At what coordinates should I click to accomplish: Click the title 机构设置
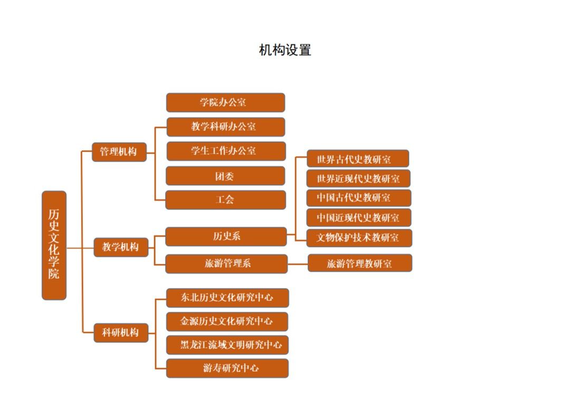pyautogui.click(x=285, y=50)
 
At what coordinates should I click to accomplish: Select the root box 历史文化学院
pyautogui.click(x=54, y=245)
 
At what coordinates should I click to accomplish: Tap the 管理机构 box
pyautogui.click(x=119, y=151)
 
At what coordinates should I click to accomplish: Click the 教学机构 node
pyautogui.click(x=120, y=247)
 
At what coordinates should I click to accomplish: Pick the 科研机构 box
pyautogui.click(x=120, y=332)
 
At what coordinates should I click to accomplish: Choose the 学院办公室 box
pyautogui.click(x=225, y=102)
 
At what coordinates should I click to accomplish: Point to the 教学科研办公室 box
pyautogui.click(x=225, y=127)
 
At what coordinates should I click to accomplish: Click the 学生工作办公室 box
pyautogui.click(x=226, y=151)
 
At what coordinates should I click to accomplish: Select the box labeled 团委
pyautogui.click(x=225, y=176)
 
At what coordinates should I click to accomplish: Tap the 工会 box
pyautogui.click(x=225, y=200)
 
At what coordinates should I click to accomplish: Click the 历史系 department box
pyautogui.click(x=226, y=236)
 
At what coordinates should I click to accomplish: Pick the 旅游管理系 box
pyautogui.click(x=226, y=263)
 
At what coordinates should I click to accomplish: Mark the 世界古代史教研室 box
pyautogui.click(x=358, y=159)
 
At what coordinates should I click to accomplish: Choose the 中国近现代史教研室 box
pyautogui.click(x=358, y=217)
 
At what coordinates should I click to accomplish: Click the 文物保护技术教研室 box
pyautogui.click(x=359, y=237)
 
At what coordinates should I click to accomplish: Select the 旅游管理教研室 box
pyautogui.click(x=359, y=263)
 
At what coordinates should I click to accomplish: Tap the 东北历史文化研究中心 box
pyautogui.click(x=227, y=298)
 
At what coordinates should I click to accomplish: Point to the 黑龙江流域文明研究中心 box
pyautogui.click(x=227, y=345)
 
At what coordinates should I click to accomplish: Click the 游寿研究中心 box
pyautogui.click(x=227, y=368)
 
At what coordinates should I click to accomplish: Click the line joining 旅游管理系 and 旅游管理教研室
pyautogui.click(x=298, y=263)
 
